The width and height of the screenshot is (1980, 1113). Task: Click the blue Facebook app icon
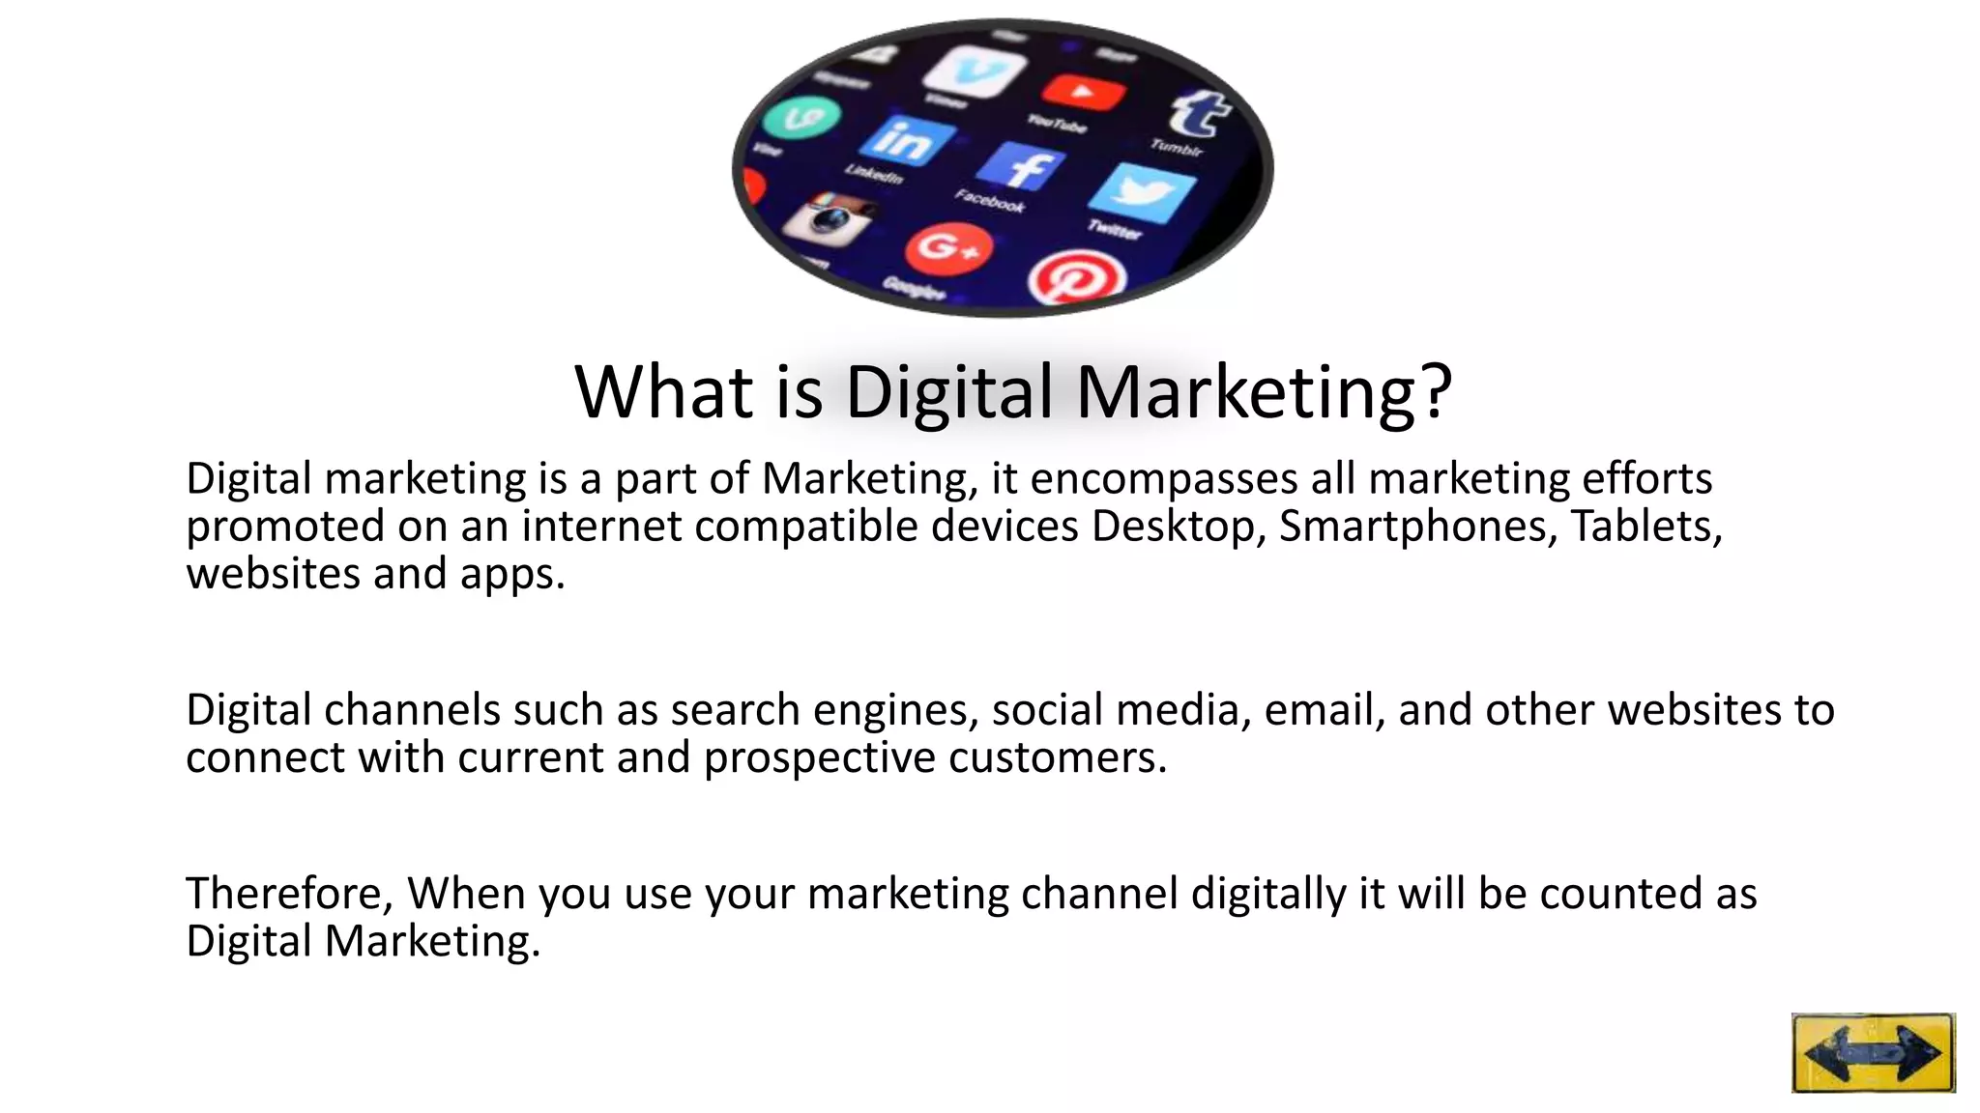(1020, 166)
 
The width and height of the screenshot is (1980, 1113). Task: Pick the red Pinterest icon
(1076, 281)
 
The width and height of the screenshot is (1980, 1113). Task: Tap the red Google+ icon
(948, 248)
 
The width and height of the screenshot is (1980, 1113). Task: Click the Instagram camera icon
(829, 217)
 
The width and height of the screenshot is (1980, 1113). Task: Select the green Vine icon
(801, 120)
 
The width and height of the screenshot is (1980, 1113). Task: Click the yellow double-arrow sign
(1873, 1052)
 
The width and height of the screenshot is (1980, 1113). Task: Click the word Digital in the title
(948, 391)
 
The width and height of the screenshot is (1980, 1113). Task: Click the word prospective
(819, 757)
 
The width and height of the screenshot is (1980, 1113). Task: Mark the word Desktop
(1178, 527)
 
